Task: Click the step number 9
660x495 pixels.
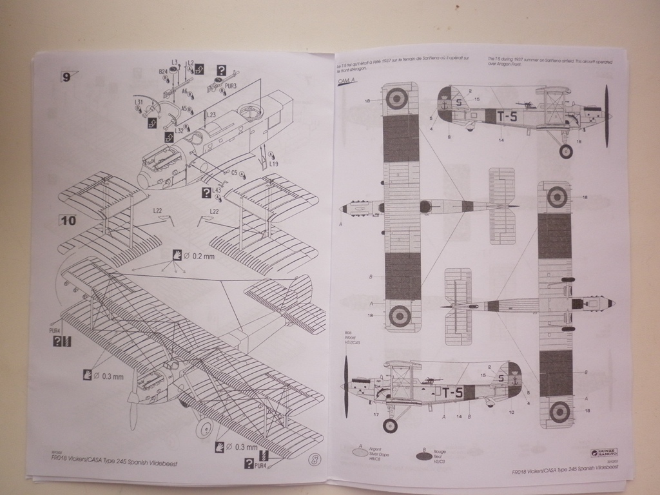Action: pyautogui.click(x=67, y=77)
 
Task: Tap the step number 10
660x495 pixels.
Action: pyautogui.click(x=68, y=220)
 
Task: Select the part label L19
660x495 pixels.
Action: pyautogui.click(x=274, y=164)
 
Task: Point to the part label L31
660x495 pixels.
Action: pyautogui.click(x=139, y=102)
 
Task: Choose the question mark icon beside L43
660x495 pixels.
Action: pyautogui.click(x=206, y=193)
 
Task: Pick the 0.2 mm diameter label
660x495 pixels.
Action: pyautogui.click(x=199, y=256)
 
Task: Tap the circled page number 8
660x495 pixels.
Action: pyautogui.click(x=313, y=460)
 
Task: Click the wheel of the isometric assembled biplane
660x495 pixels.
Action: pyautogui.click(x=204, y=427)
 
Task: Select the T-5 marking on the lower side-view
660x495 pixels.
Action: pyautogui.click(x=452, y=392)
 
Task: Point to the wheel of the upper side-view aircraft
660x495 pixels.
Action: pyautogui.click(x=565, y=151)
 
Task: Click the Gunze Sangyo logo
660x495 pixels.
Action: pyautogui.click(x=605, y=453)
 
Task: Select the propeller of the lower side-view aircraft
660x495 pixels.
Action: pyautogui.click(x=346, y=387)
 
